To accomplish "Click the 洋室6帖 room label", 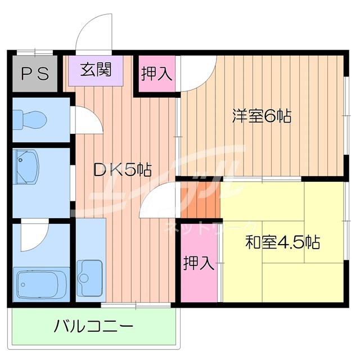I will [x=262, y=117].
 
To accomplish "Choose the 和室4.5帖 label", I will [x=282, y=242].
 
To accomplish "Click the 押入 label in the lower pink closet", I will [x=200, y=263].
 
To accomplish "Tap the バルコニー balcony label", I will [x=94, y=326].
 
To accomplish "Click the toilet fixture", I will [x=31, y=119].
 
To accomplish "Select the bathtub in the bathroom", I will [x=41, y=284].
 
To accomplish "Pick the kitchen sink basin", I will [x=91, y=274].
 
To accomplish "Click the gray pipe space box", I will [x=35, y=74].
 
